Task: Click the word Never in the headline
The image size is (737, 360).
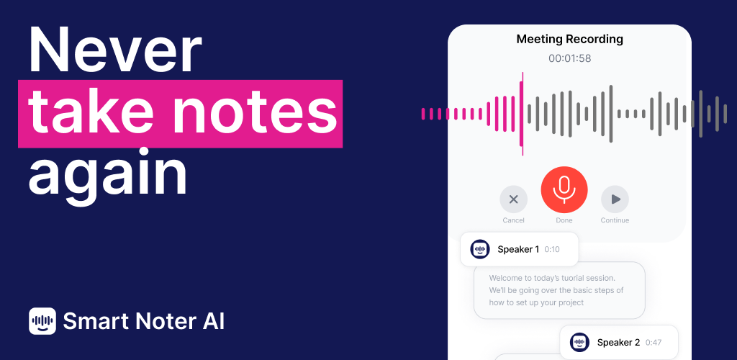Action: (x=115, y=50)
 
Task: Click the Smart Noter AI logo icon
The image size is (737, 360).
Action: (x=42, y=321)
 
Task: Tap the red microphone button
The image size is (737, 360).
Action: (x=564, y=190)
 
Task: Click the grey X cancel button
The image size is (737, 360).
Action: (x=514, y=199)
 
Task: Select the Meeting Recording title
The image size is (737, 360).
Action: (x=570, y=39)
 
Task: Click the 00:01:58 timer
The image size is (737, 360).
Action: (x=570, y=59)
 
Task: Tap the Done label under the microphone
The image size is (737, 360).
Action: (x=564, y=220)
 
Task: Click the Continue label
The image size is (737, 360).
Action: (x=615, y=220)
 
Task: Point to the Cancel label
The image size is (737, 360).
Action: (x=513, y=220)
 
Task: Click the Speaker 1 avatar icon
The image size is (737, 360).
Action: (x=479, y=249)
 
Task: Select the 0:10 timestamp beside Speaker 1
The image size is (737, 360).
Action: (x=552, y=250)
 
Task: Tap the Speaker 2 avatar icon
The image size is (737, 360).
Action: (x=579, y=342)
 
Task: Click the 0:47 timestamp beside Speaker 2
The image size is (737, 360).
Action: (x=654, y=343)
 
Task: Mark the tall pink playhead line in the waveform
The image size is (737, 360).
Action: (x=523, y=114)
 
